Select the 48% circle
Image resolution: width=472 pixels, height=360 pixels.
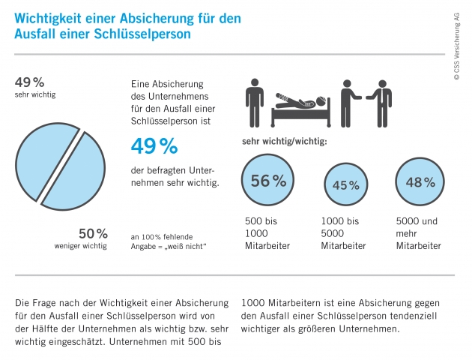(x=420, y=182)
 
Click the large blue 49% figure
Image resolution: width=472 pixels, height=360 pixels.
(x=154, y=146)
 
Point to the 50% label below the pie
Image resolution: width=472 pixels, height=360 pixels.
(x=93, y=232)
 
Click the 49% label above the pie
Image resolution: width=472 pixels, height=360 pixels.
(x=30, y=81)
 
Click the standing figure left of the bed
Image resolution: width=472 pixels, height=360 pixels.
(x=255, y=102)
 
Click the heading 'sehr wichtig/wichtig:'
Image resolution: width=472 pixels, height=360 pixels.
(x=284, y=140)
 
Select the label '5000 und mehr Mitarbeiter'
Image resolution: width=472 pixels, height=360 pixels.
(x=418, y=233)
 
